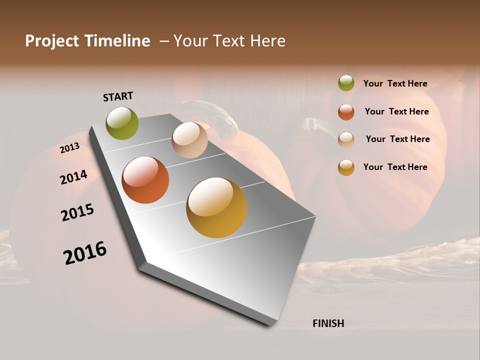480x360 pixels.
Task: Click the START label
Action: [x=118, y=96]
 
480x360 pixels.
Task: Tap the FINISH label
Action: [x=328, y=323]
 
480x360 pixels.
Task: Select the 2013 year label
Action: [x=70, y=147]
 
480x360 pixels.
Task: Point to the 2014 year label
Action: [x=73, y=177]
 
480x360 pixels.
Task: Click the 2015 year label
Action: [x=77, y=212]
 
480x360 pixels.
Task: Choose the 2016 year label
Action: [x=85, y=253]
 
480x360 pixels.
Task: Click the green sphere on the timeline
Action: [x=122, y=123]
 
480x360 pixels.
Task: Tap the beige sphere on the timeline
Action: [x=189, y=140]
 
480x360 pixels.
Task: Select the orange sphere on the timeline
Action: [x=145, y=180]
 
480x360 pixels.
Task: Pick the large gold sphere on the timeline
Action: [x=216, y=207]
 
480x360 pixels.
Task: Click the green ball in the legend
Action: [x=346, y=83]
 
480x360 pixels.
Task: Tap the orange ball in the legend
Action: [x=346, y=112]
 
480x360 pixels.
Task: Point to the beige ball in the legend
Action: [x=346, y=140]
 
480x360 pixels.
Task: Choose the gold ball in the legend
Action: [x=346, y=167]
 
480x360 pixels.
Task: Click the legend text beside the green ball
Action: [x=395, y=84]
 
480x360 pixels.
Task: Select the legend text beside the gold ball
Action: [x=395, y=167]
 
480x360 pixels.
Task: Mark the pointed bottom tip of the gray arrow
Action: [x=270, y=324]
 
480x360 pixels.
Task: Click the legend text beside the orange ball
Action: [x=396, y=111]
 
